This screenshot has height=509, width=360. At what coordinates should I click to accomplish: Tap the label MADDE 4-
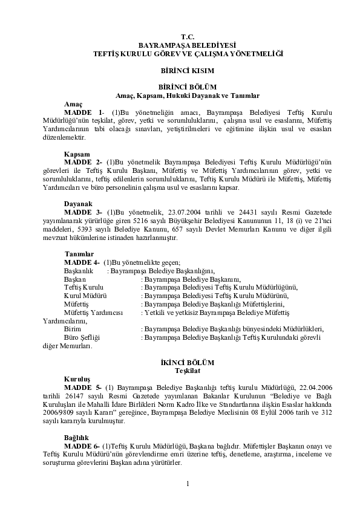[82, 262]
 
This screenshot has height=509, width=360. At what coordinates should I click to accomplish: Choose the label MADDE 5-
[83, 387]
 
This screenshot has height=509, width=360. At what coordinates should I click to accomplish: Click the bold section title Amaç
[73, 104]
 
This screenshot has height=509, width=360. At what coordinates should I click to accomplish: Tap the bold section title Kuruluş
[77, 378]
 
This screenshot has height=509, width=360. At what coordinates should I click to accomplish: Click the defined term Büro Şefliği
[82, 337]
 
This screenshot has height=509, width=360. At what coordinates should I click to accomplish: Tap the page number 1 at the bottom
[188, 483]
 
